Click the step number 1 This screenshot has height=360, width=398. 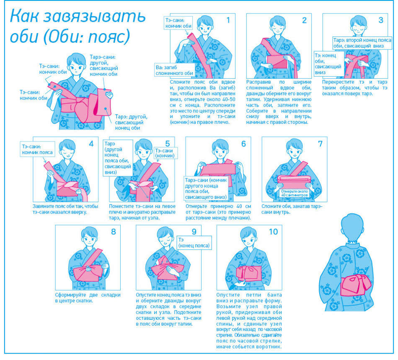pos(228,20)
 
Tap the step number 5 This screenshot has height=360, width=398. pos(168,144)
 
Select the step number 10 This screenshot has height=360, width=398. pos(274,231)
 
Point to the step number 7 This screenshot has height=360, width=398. pos(320,144)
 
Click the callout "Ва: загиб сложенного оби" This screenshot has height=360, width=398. pos(175,70)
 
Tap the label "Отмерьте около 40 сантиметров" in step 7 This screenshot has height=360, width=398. pos(295,193)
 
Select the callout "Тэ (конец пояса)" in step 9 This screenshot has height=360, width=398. pos(194,243)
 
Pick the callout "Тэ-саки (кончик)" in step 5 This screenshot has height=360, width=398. pos(165,153)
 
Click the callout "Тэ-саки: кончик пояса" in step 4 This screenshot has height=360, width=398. pos(37,149)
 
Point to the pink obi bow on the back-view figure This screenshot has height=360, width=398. pos(355,285)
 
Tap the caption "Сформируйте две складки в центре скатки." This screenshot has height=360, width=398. pos(88,298)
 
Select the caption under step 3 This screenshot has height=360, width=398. pos(354,88)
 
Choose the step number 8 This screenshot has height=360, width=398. pos(113,231)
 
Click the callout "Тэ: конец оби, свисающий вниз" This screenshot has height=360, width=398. pos(329,64)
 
